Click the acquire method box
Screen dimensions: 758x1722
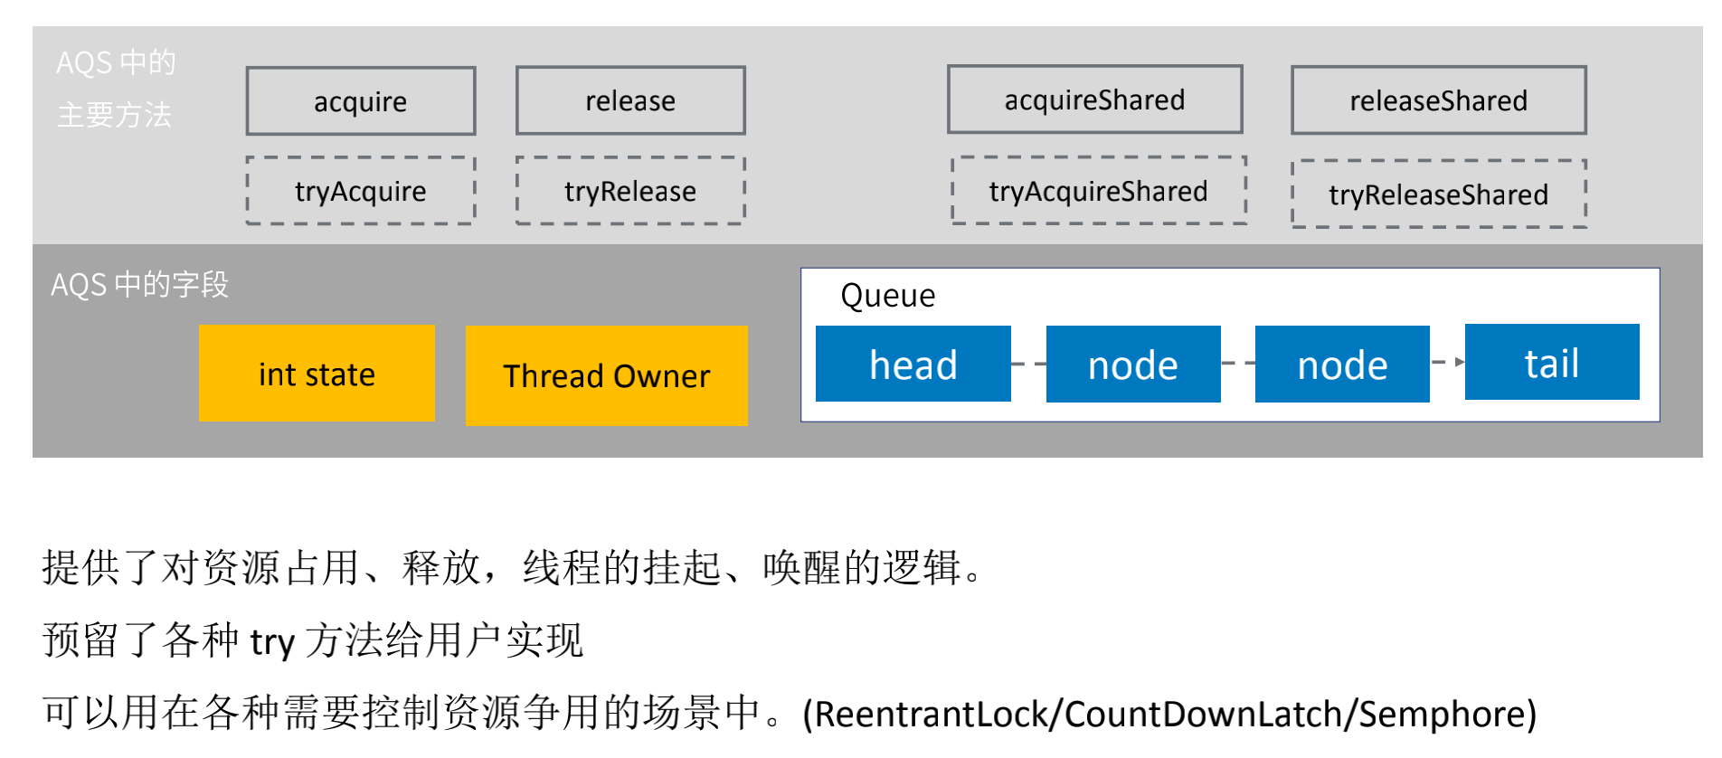click(x=360, y=101)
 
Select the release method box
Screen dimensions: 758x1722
click(x=630, y=100)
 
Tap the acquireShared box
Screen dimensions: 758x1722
click(x=1094, y=99)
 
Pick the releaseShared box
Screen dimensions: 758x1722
click(x=1438, y=100)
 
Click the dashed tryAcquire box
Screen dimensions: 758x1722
click(x=360, y=191)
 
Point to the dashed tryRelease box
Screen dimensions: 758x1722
click(x=630, y=191)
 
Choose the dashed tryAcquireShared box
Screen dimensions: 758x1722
click(x=1098, y=191)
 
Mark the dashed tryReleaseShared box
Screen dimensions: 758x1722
click(x=1438, y=194)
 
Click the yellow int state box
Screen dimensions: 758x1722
click(x=317, y=374)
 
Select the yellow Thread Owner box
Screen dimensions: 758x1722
click(x=606, y=375)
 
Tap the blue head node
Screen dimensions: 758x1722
click(x=913, y=364)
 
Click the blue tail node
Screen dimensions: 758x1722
click(x=1551, y=362)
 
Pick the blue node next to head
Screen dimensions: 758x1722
click(x=1132, y=365)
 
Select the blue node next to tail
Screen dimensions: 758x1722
click(x=1342, y=365)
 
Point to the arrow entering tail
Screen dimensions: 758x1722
click(x=1449, y=362)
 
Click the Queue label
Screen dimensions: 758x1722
click(x=887, y=296)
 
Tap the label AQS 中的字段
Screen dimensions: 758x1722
click(x=139, y=285)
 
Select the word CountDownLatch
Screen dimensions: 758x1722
click(x=1203, y=714)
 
